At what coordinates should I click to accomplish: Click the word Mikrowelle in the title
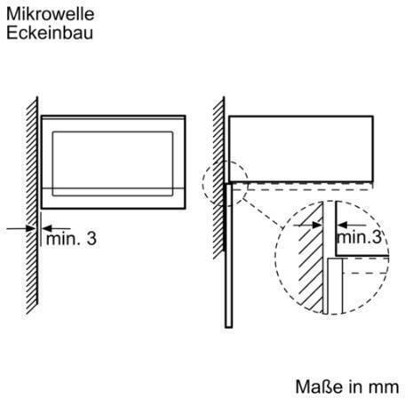pyautogui.click(x=51, y=14)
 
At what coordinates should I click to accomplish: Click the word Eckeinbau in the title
pyautogui.click(x=50, y=33)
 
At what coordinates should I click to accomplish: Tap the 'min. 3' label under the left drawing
pyautogui.click(x=71, y=238)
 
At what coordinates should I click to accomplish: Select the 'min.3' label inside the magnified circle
pyautogui.click(x=359, y=237)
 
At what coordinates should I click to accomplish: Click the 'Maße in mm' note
pyautogui.click(x=347, y=386)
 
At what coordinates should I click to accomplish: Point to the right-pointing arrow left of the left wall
pyautogui.click(x=20, y=228)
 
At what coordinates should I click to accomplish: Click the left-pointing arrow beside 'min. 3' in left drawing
pyautogui.click(x=56, y=228)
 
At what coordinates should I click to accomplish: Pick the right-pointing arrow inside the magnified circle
pyautogui.click(x=307, y=225)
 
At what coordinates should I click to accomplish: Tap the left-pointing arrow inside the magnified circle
pyautogui.click(x=352, y=225)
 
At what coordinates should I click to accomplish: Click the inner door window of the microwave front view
pyautogui.click(x=113, y=163)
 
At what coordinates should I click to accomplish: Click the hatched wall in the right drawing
pyautogui.click(x=218, y=179)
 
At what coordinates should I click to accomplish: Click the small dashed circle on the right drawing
pyautogui.click(x=203, y=184)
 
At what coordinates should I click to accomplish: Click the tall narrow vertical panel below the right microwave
pyautogui.click(x=228, y=256)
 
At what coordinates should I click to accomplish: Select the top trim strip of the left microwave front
pyautogui.click(x=114, y=118)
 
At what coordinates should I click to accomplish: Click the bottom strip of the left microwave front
pyautogui.click(x=114, y=198)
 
